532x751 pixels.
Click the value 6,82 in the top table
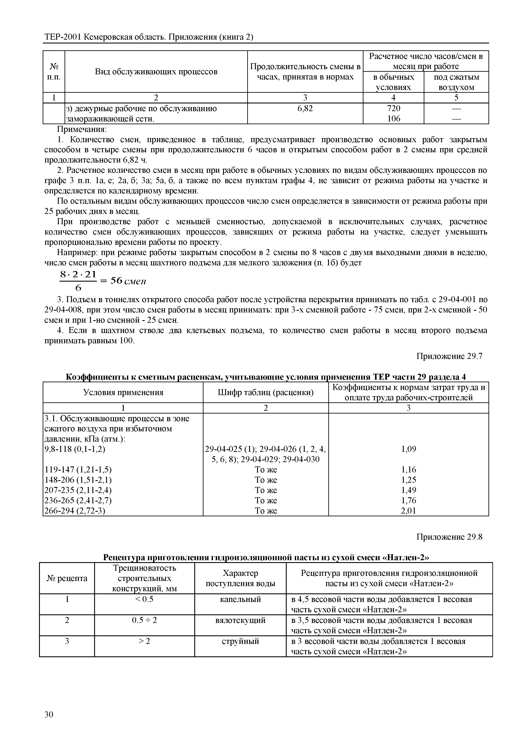pyautogui.click(x=305, y=108)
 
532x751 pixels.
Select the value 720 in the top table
pyautogui.click(x=393, y=108)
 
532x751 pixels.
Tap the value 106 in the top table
pyautogui.click(x=393, y=118)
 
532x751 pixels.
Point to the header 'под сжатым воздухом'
pyautogui.click(x=456, y=82)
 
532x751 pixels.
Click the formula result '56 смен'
pyautogui.click(x=128, y=281)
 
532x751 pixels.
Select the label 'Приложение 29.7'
pyautogui.click(x=449, y=356)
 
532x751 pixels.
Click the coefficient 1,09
pyautogui.click(x=408, y=449)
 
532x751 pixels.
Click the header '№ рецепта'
pyautogui.click(x=67, y=578)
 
